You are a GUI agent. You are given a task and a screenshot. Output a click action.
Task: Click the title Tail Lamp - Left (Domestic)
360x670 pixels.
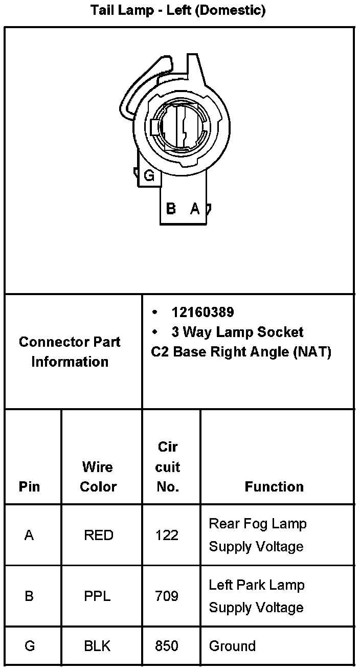(178, 10)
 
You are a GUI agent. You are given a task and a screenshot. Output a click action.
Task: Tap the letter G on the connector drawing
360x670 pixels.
(149, 176)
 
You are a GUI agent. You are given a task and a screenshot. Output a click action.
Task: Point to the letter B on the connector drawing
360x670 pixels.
(171, 208)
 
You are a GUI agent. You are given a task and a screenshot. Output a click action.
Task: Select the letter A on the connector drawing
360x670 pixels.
(195, 208)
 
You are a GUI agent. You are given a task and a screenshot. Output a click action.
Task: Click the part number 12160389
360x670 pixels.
(202, 312)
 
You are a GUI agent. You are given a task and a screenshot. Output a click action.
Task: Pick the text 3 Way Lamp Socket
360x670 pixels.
(237, 332)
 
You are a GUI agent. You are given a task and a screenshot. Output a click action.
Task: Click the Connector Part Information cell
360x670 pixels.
(70, 352)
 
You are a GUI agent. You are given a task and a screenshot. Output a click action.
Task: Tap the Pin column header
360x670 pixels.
(29, 486)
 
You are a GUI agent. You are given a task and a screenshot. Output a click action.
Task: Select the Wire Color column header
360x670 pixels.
(98, 477)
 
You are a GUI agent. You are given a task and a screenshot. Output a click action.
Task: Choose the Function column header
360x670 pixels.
(274, 486)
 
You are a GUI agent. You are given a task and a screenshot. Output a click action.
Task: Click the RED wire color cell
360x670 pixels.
(99, 535)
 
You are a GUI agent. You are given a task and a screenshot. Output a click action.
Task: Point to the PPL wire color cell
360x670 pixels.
(97, 596)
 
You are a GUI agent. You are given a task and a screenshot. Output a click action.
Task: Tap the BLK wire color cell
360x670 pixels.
(97, 646)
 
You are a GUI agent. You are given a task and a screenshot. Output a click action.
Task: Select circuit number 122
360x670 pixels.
(167, 535)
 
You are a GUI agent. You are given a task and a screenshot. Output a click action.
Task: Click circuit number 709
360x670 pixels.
(167, 596)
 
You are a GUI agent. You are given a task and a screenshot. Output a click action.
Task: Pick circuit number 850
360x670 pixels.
(167, 646)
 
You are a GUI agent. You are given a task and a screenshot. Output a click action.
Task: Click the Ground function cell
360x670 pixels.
(232, 646)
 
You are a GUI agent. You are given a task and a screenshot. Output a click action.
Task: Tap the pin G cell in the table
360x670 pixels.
(30, 646)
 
